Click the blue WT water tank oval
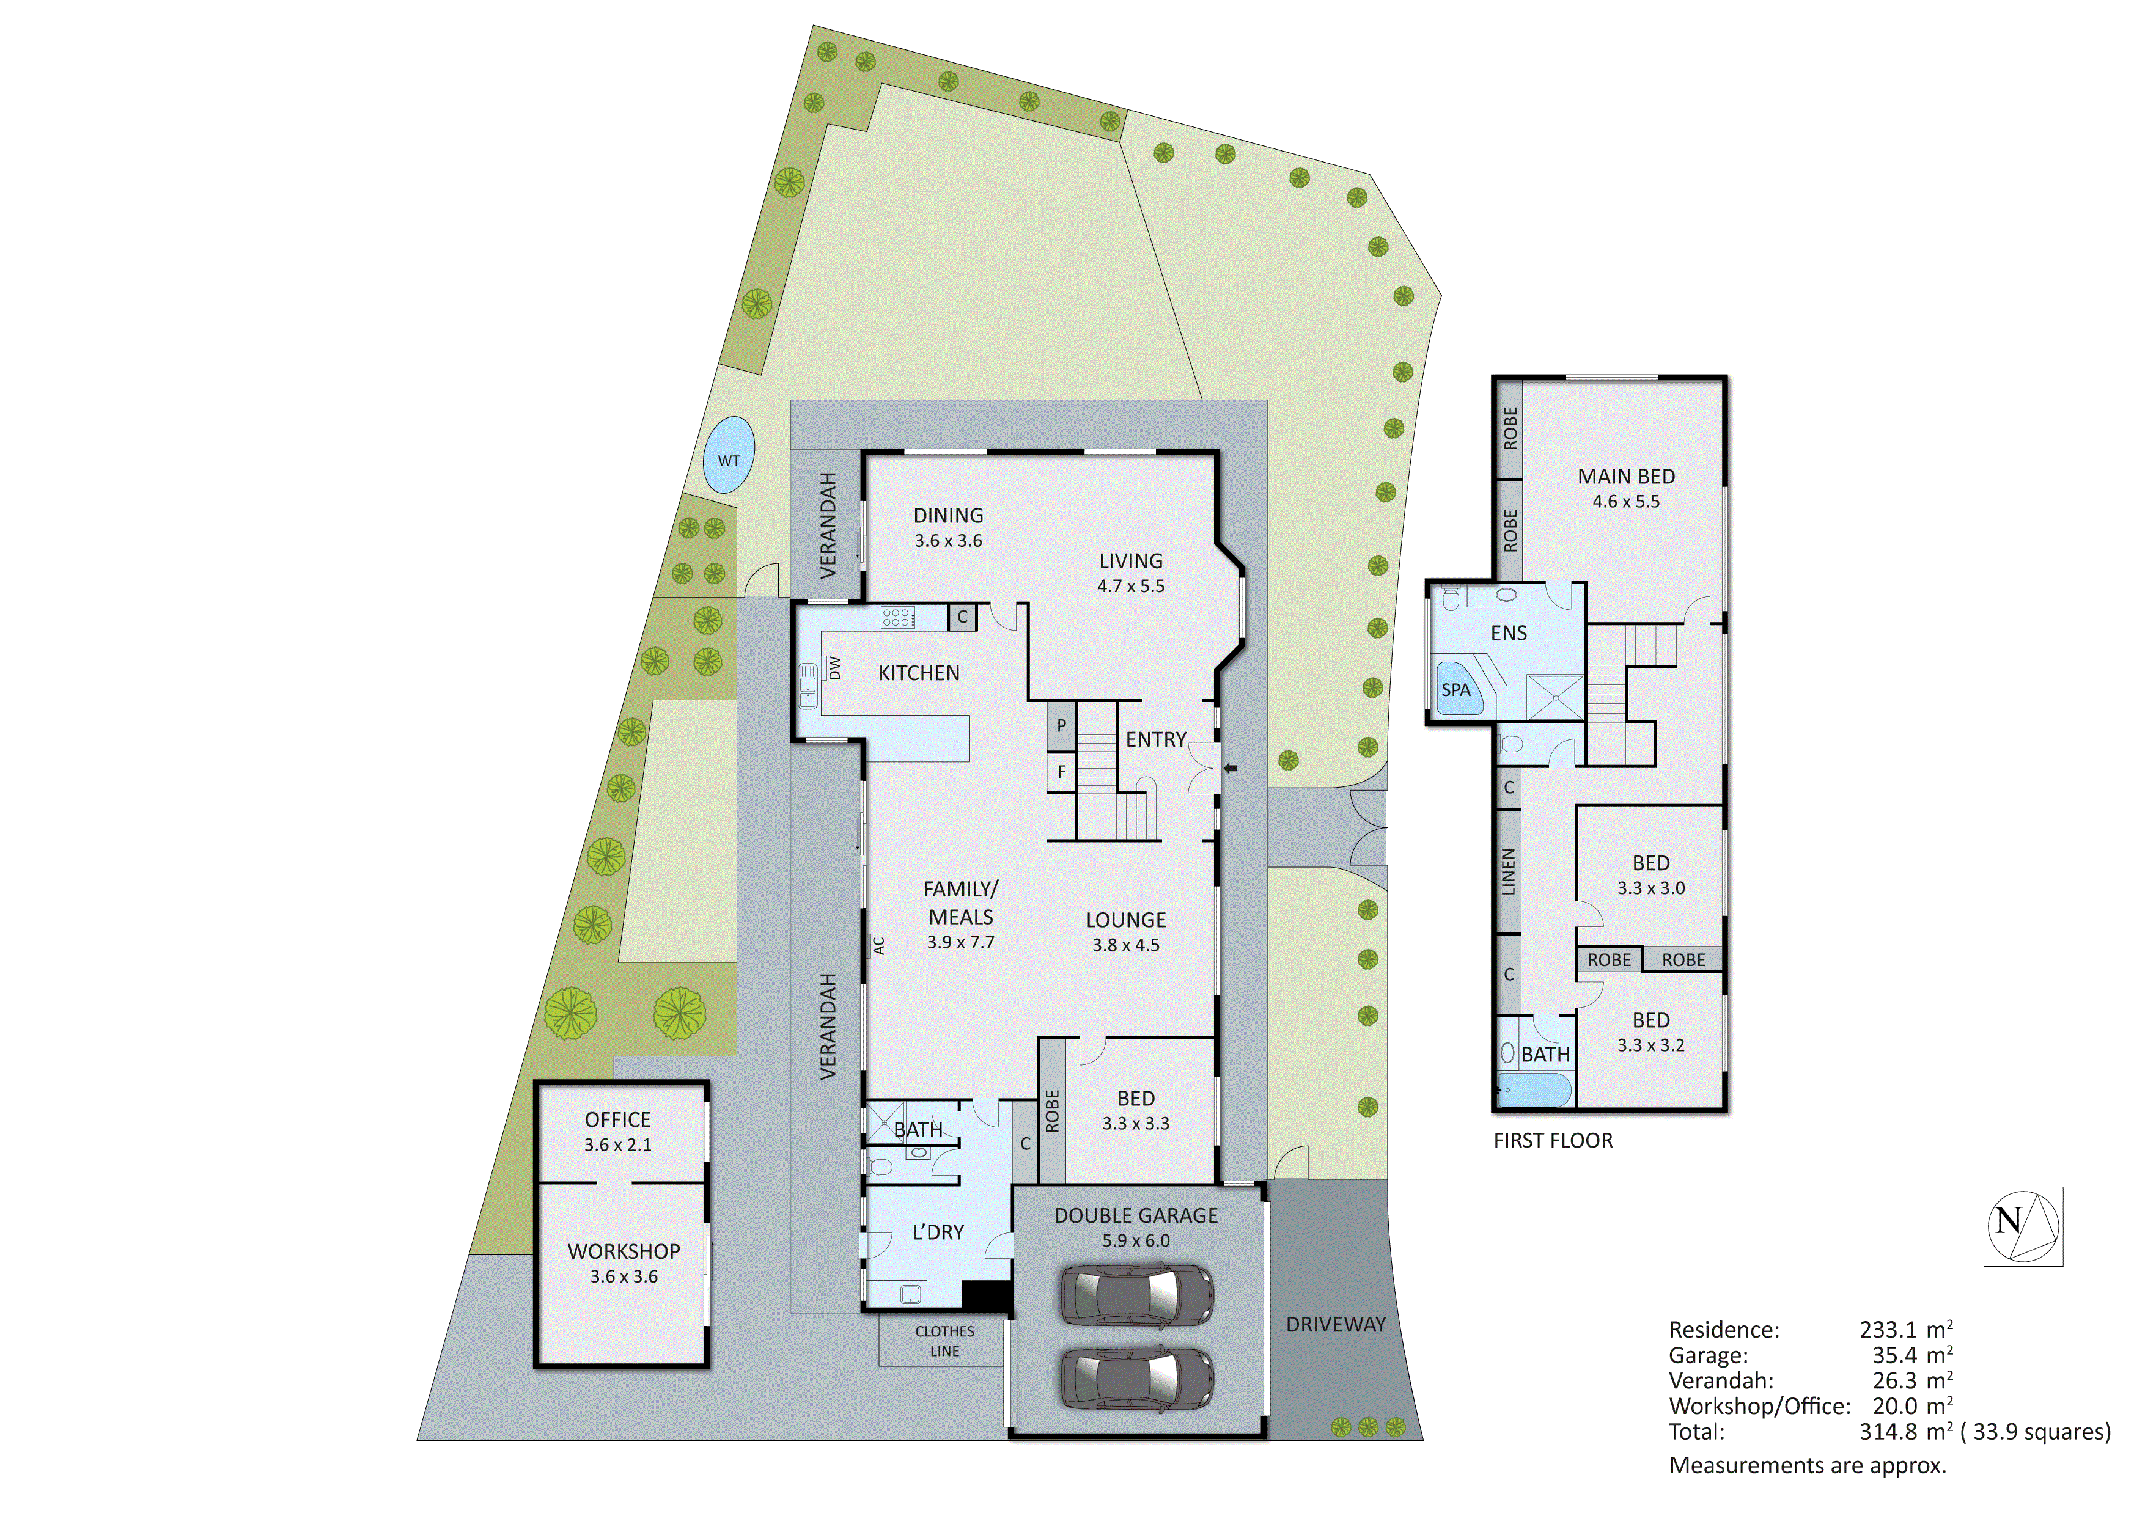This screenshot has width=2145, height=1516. [729, 456]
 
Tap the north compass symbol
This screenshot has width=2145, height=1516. [2023, 1226]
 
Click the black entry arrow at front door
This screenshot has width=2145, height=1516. [1231, 768]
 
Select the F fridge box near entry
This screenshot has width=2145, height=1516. [1061, 772]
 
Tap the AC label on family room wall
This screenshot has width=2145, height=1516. [878, 945]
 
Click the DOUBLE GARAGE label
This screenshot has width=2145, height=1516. [1136, 1215]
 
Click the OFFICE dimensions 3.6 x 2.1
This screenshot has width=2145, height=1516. [617, 1145]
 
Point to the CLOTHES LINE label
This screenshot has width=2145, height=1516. [944, 1341]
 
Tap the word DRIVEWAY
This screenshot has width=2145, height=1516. [1335, 1324]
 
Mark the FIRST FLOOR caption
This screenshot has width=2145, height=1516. [1553, 1140]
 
